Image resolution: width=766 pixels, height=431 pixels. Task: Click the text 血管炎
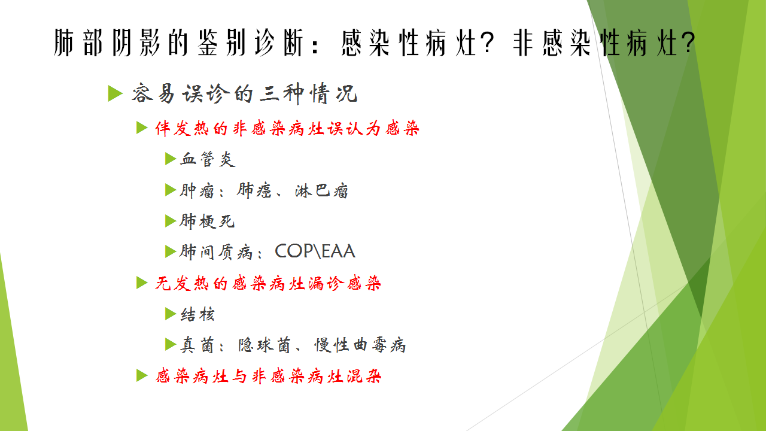coord(208,159)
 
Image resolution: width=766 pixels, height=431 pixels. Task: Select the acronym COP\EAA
coord(315,251)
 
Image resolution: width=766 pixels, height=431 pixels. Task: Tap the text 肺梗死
coord(207,221)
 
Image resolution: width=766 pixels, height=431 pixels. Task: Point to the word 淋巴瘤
coord(321,190)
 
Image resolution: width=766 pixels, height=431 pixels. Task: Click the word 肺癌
coord(254,190)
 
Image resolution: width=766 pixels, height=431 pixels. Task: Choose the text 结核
coord(197,314)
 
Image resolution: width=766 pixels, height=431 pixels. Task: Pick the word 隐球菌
coord(265,345)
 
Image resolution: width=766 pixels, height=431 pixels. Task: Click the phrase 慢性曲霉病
coord(360,345)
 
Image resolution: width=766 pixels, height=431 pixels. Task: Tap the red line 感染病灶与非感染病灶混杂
coord(269,377)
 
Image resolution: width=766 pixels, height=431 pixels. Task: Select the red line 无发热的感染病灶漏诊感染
coord(268,284)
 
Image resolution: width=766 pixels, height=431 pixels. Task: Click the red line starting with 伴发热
coord(287,129)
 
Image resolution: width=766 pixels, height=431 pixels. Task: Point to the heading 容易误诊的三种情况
coord(245,93)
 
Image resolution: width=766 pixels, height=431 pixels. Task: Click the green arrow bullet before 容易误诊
coord(115,93)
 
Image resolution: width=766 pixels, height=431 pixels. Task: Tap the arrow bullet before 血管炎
coord(171,159)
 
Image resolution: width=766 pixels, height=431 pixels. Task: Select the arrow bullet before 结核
coord(171,314)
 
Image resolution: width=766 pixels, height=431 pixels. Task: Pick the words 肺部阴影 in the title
coord(107,43)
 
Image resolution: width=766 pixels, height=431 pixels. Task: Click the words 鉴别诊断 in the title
coord(251,43)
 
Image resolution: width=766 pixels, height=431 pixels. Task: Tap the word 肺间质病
coord(216,252)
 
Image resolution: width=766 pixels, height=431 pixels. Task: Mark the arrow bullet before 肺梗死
coord(171,221)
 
